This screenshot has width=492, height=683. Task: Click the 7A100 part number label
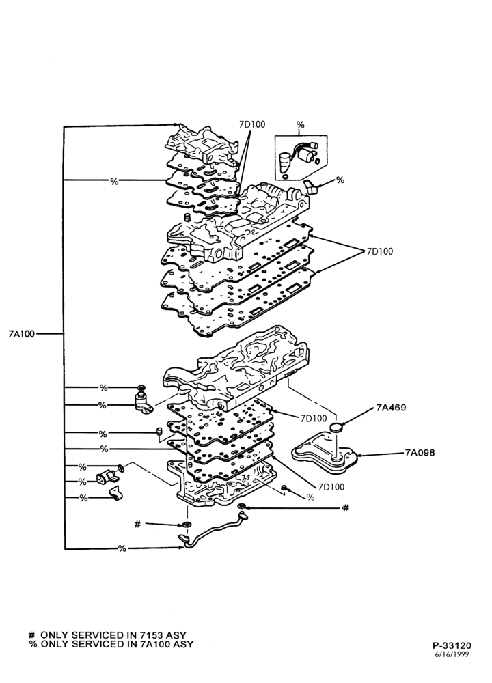[x=21, y=334]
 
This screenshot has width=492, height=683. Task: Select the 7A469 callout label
[x=391, y=408]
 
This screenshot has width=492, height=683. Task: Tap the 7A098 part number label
[x=419, y=453]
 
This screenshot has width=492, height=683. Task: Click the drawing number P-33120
[x=452, y=645]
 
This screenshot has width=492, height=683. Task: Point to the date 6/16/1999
[x=452, y=654]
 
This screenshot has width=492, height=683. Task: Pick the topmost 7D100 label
[x=252, y=124]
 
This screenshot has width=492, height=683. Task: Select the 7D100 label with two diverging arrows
[x=379, y=251]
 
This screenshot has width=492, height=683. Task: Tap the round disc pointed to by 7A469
[x=336, y=427]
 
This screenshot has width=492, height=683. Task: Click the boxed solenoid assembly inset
[x=301, y=157]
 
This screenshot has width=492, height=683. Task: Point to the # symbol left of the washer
[x=138, y=525]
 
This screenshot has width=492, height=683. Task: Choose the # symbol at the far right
[x=346, y=507]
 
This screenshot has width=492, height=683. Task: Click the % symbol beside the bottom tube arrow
[x=122, y=548]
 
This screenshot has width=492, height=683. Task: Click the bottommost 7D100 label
[x=331, y=486]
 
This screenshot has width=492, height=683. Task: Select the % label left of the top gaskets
[x=114, y=181]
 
